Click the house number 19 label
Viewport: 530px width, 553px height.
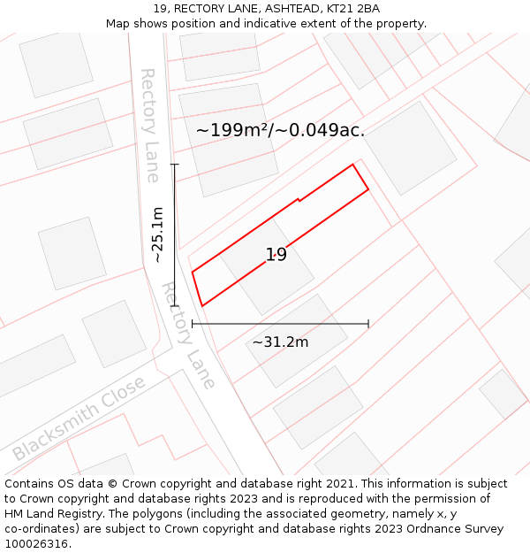[x=276, y=255]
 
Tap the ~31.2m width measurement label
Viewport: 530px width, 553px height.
[x=280, y=342]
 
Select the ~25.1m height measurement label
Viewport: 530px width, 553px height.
[x=157, y=235]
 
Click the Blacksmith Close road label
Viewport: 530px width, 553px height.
[x=79, y=419]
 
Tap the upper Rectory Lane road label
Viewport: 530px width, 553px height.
[x=150, y=125]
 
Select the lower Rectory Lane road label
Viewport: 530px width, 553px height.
[x=188, y=335]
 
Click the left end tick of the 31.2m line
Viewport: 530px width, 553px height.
[x=193, y=324]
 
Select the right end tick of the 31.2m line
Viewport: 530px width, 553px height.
[x=368, y=324]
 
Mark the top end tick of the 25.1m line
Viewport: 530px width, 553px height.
[x=175, y=165]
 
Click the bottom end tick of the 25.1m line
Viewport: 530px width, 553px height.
[x=175, y=306]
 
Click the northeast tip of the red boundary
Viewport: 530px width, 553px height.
[x=353, y=165]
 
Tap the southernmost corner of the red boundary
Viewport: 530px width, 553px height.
[x=202, y=306]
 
